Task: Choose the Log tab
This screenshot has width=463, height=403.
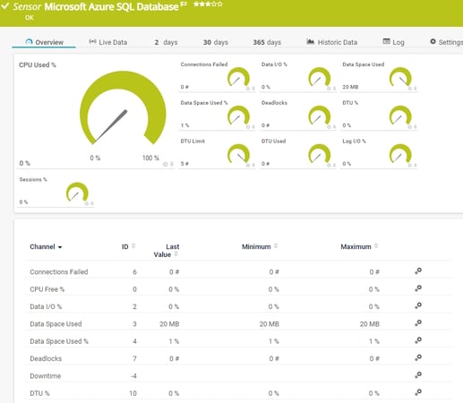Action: click(393, 42)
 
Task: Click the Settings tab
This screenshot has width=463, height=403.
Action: click(445, 42)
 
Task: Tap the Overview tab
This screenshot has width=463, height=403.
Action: click(45, 42)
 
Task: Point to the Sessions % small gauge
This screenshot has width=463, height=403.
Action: click(78, 193)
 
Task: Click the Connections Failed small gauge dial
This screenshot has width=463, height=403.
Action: click(238, 79)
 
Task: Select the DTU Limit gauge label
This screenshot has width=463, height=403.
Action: click(194, 141)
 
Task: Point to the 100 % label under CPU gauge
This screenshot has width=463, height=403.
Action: click(151, 159)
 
